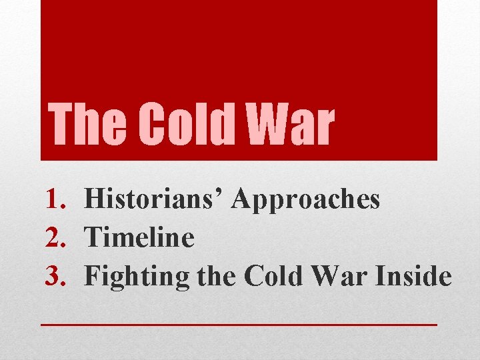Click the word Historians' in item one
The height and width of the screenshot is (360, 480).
point(155,199)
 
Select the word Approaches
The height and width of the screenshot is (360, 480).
point(307,199)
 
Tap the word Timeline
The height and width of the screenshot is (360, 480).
point(141,238)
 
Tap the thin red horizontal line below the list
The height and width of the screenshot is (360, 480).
point(239,323)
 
